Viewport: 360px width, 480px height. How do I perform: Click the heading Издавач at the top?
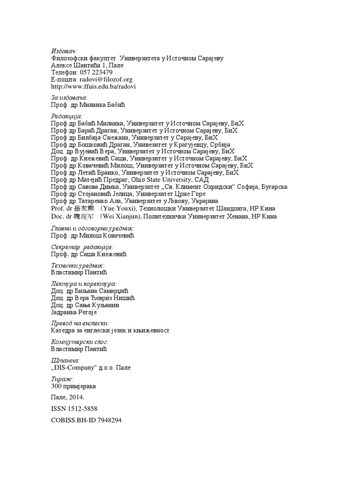(64, 51)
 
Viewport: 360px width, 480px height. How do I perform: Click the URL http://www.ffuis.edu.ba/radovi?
(93, 87)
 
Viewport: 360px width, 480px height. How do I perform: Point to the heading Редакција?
(66, 116)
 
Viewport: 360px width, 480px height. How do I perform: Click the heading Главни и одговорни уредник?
(92, 228)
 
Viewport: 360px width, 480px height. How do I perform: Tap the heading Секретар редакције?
(82, 247)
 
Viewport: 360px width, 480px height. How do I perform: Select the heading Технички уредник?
(77, 265)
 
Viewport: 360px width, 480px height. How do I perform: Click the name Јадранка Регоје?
(74, 312)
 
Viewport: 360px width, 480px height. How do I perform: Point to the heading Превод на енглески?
(80, 323)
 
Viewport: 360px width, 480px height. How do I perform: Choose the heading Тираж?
(62, 379)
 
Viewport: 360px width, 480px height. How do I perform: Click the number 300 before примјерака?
(56, 386)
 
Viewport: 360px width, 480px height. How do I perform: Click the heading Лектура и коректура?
(82, 284)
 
